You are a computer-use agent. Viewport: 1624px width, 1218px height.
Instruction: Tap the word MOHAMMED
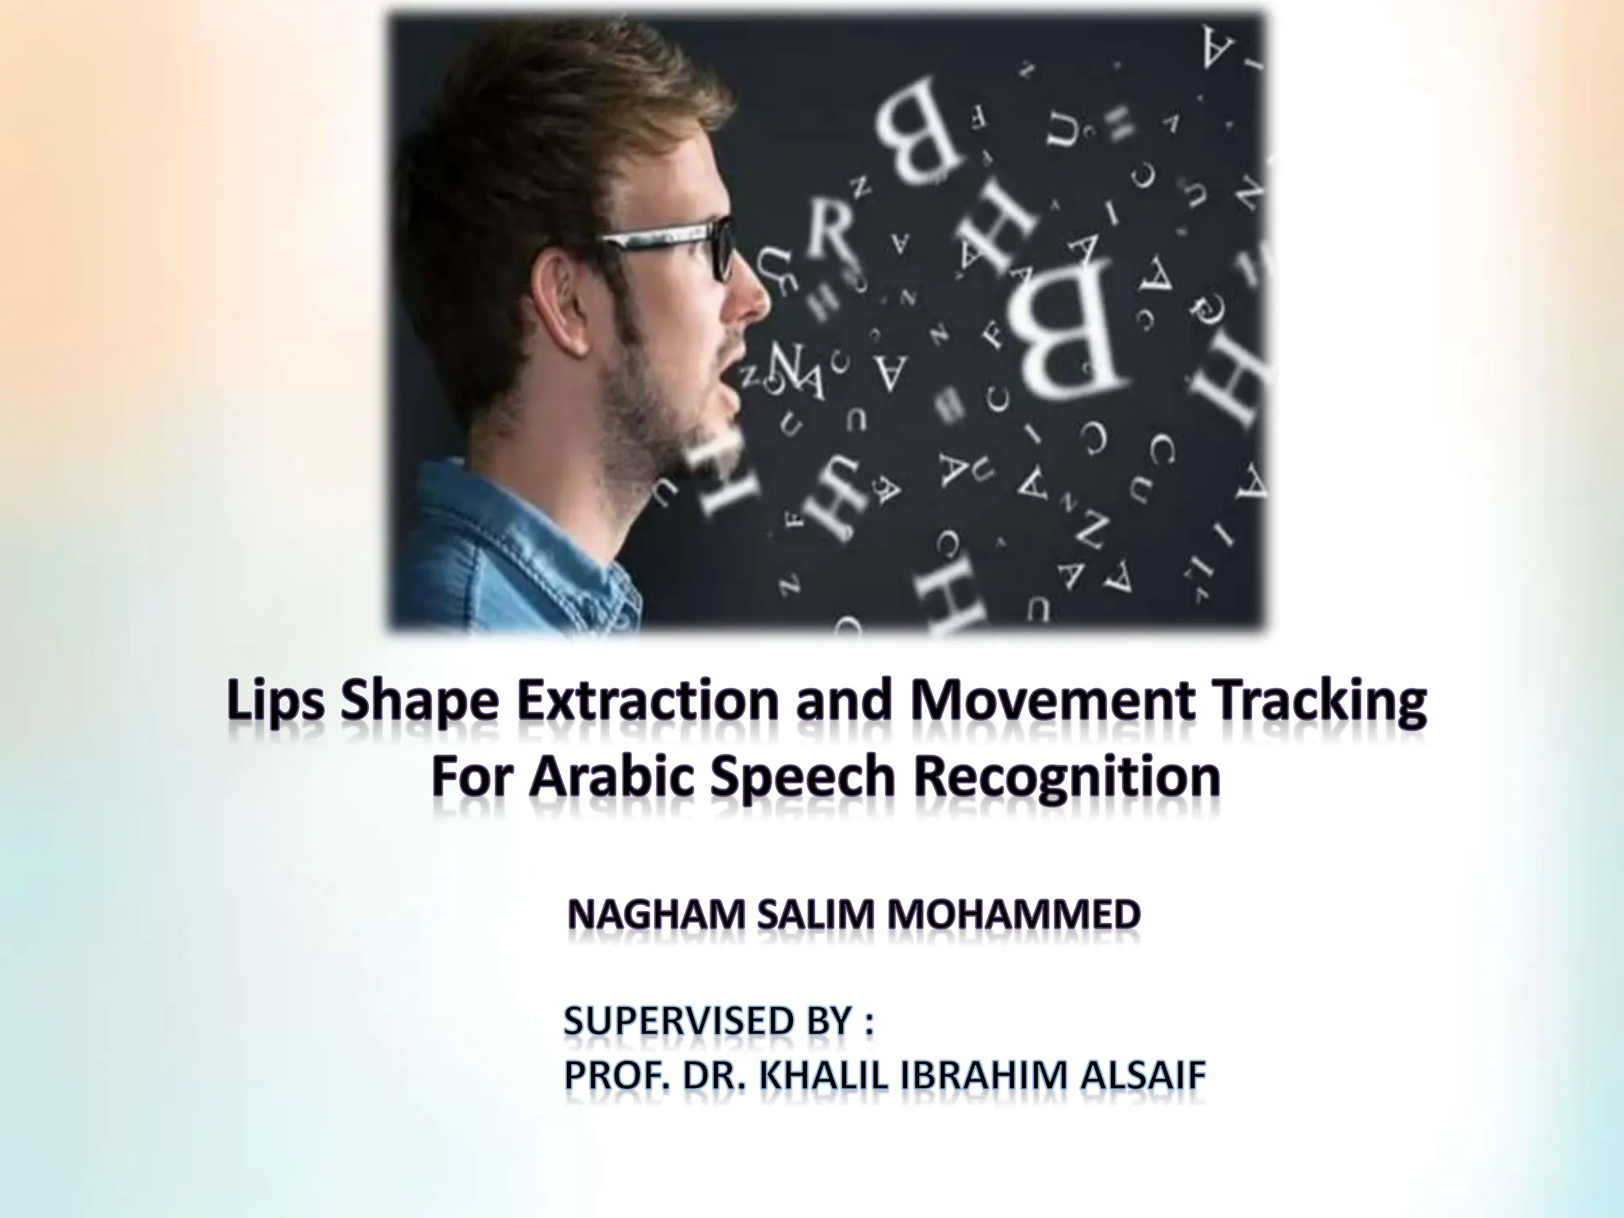tap(1013, 917)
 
